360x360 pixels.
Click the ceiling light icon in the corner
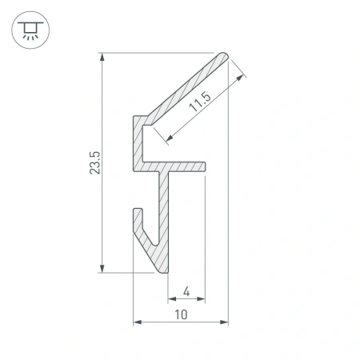[x=30, y=30]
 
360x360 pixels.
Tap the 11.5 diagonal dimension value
[x=200, y=102]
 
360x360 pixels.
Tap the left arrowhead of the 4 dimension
[x=170, y=300]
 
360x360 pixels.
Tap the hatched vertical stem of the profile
[x=164, y=216]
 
